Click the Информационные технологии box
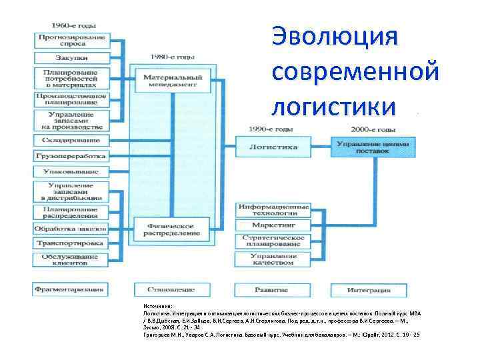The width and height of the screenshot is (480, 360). (x=273, y=210)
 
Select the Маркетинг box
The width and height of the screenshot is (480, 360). (x=273, y=225)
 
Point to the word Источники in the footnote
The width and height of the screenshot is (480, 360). (x=157, y=307)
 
